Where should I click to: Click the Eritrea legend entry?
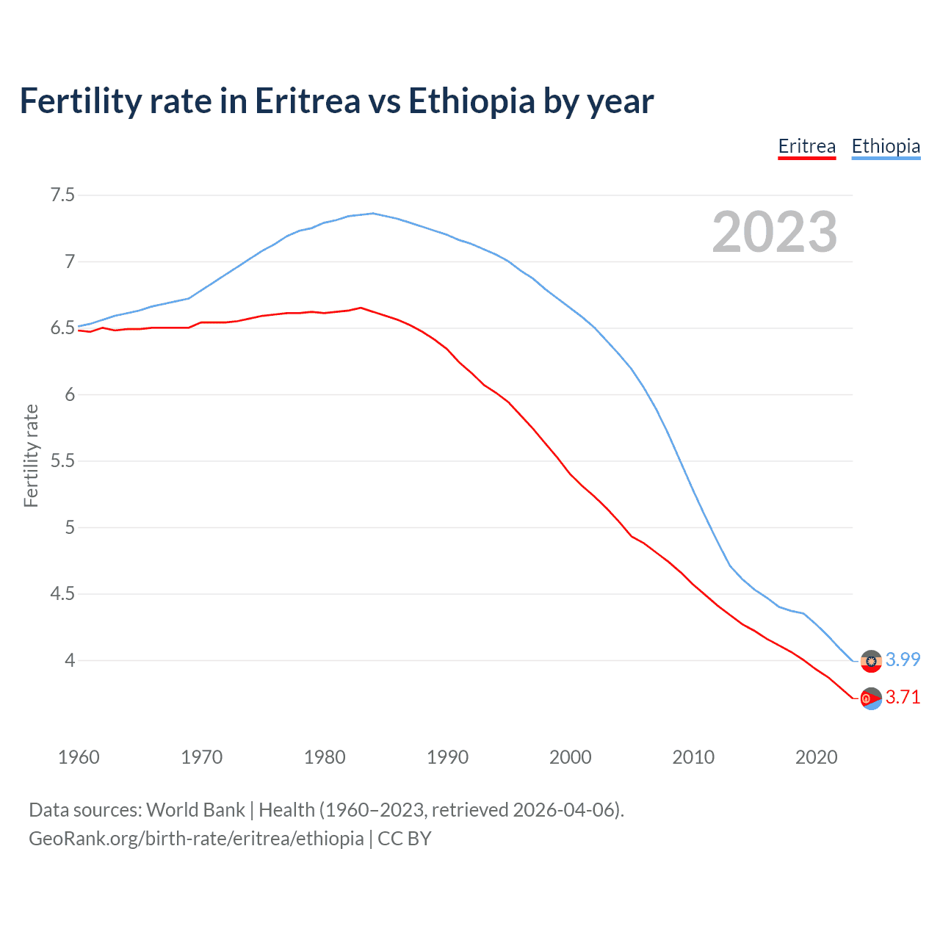click(x=806, y=147)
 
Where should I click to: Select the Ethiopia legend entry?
click(x=885, y=147)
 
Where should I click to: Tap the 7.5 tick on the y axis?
click(x=62, y=195)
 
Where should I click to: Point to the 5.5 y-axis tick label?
click(x=62, y=461)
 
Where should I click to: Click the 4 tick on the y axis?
click(x=70, y=660)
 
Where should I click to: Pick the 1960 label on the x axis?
click(x=79, y=757)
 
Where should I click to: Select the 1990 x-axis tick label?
click(x=447, y=757)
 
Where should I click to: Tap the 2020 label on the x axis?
click(x=816, y=757)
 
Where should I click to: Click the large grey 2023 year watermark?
click(x=774, y=232)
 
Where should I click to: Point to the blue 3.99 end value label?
click(x=903, y=659)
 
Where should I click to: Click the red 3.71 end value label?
click(x=903, y=697)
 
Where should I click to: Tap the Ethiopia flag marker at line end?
click(x=871, y=661)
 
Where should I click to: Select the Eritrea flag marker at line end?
click(x=871, y=698)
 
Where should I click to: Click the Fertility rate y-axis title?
click(x=31, y=455)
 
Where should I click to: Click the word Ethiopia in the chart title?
click(x=471, y=101)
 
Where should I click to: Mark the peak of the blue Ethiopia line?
click(x=373, y=213)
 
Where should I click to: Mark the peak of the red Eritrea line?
click(x=361, y=308)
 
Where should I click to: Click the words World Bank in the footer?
click(x=195, y=810)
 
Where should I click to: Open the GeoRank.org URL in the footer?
click(x=196, y=839)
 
